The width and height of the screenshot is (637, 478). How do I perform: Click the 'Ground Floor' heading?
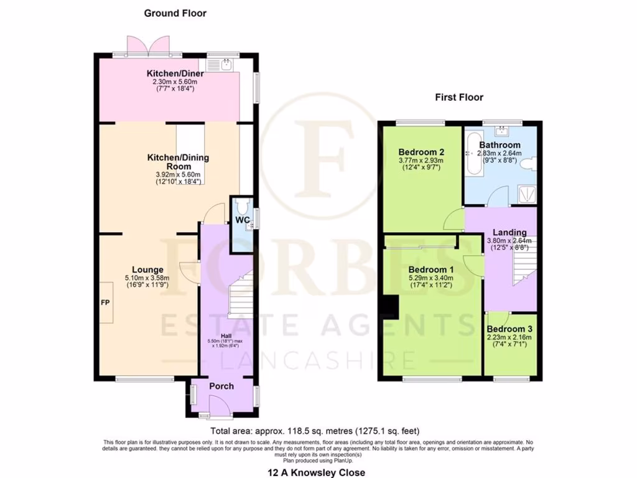click(x=175, y=13)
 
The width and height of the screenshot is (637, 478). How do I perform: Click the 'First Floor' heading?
click(x=459, y=97)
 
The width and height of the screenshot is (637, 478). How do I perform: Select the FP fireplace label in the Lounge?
click(x=105, y=303)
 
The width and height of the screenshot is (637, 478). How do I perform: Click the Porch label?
click(x=221, y=386)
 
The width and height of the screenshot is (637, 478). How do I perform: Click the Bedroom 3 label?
click(x=509, y=329)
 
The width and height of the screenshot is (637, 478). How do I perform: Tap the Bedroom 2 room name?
click(x=421, y=151)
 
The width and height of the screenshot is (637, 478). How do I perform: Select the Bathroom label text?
click(x=500, y=145)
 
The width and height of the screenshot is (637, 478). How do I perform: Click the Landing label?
click(x=509, y=232)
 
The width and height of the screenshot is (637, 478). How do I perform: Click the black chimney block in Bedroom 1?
click(x=390, y=307)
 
